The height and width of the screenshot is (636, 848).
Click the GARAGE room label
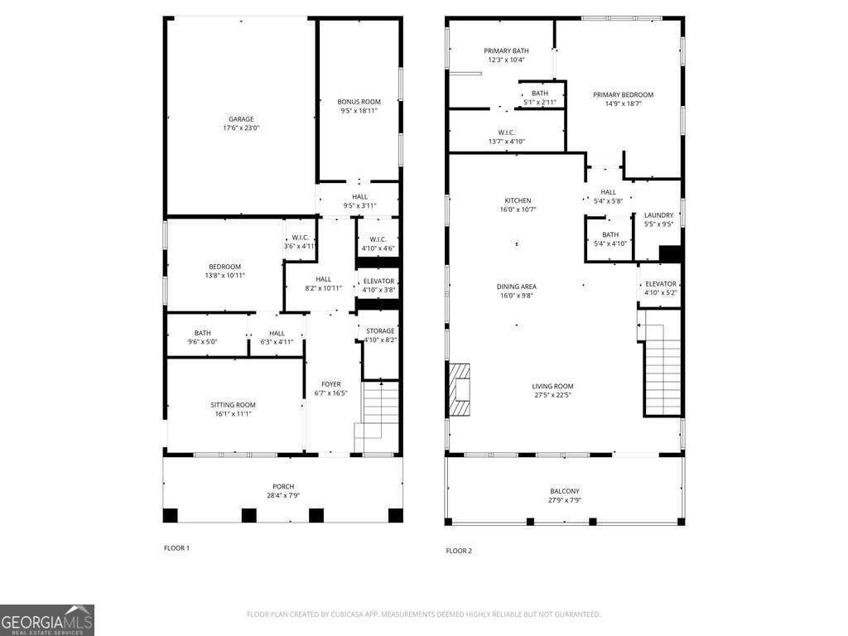pos(241,119)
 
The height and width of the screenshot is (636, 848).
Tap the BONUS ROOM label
pos(359,102)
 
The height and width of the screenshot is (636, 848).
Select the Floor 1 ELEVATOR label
pos(378,282)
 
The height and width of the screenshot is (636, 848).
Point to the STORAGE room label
pos(380,331)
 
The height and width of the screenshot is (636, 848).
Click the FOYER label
pos(331,384)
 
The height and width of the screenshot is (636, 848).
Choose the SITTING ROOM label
pos(233,405)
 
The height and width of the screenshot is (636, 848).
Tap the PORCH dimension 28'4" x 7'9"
pos(283,495)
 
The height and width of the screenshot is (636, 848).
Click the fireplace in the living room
pos(459,389)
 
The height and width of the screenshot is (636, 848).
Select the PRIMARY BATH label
pos(506,51)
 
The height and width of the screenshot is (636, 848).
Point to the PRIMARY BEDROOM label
pos(623,94)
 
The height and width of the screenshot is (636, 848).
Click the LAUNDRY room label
pos(658,215)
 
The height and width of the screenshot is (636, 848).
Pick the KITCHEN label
pos(518,200)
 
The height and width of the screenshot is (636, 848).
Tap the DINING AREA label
pos(517,287)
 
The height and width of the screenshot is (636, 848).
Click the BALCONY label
pos(565,492)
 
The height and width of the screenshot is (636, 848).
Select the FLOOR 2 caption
pos(459,551)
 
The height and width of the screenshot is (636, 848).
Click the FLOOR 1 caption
pos(177,548)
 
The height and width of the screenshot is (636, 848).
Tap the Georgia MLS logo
pos(47,620)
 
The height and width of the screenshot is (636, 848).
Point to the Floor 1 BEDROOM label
pos(225,267)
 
